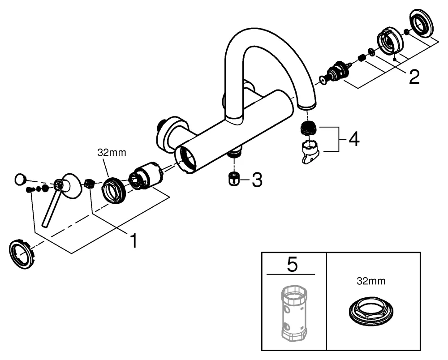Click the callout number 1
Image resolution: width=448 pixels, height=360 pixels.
pos(133,240)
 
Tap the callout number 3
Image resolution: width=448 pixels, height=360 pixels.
pos(256,180)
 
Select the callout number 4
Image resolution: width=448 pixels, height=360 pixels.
pos(353,139)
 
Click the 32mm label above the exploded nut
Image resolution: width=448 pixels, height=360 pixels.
pos(112,153)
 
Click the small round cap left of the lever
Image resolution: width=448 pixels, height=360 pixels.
pos(20,180)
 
